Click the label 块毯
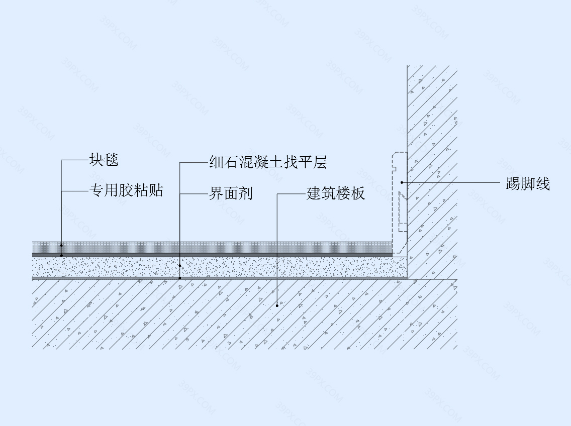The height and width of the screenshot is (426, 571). pyautogui.click(x=104, y=160)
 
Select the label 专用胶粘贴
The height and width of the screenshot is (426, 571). pyautogui.click(x=126, y=190)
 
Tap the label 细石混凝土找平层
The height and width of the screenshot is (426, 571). pyautogui.click(x=268, y=162)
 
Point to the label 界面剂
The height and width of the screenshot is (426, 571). pyautogui.click(x=231, y=193)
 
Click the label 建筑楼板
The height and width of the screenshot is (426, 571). pyautogui.click(x=335, y=193)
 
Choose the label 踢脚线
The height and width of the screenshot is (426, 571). pyautogui.click(x=528, y=184)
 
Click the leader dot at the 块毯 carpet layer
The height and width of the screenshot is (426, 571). pyautogui.click(x=61, y=246)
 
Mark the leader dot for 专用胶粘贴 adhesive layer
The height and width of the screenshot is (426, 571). pyautogui.click(x=61, y=256)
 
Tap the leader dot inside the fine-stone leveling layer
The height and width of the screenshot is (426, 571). pyautogui.click(x=180, y=266)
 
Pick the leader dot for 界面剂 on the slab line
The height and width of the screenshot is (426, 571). pyautogui.click(x=180, y=278)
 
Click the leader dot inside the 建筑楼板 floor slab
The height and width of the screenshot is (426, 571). pyautogui.click(x=277, y=305)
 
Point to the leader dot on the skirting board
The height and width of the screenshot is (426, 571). pyautogui.click(x=402, y=182)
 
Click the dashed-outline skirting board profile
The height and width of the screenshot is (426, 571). pyautogui.click(x=393, y=204)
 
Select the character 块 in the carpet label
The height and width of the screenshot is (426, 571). pyautogui.click(x=97, y=160)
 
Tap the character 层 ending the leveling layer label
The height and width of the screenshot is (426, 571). pyautogui.click(x=321, y=162)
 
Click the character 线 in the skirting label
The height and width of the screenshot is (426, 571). pyautogui.click(x=542, y=184)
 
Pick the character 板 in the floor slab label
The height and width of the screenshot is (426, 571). pyautogui.click(x=357, y=193)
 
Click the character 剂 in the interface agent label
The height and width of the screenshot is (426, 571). pyautogui.click(x=245, y=193)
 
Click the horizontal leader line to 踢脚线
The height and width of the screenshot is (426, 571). pyautogui.click(x=451, y=182)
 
